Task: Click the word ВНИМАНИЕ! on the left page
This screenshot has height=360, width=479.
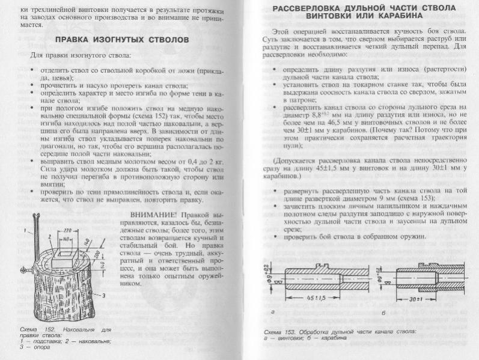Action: (x=153, y=215)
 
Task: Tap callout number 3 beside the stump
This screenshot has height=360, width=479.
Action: (x=105, y=295)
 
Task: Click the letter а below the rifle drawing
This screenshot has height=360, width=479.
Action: (x=273, y=313)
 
